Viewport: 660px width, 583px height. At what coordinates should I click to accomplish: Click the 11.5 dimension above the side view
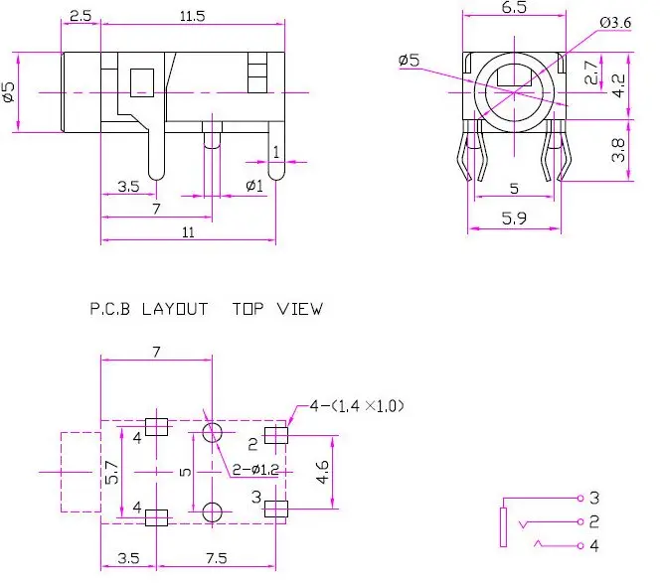pos(193,17)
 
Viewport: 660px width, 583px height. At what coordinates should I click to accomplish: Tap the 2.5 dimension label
pos(81,16)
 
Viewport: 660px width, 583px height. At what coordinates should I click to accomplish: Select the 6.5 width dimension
pos(514,7)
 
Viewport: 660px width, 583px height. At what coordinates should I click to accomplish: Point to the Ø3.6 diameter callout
pos(615,22)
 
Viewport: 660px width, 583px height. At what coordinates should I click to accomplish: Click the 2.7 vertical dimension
pos(591,72)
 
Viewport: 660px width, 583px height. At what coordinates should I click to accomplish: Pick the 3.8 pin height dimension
pos(618,150)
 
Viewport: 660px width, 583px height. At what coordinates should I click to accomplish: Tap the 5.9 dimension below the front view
pos(514,219)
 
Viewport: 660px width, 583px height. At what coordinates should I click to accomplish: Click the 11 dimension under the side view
pos(188,232)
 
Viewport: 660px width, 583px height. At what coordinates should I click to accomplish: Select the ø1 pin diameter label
pos(254,186)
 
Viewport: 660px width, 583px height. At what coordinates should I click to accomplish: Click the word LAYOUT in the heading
pos(175,309)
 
